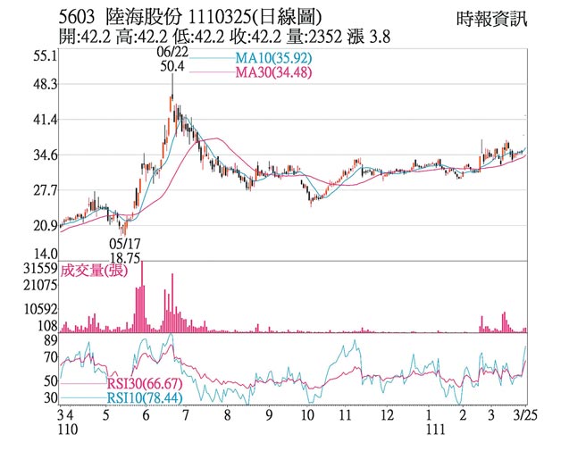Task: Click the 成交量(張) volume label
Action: (101, 271)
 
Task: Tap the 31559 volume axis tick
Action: (39, 268)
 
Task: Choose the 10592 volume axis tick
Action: (39, 309)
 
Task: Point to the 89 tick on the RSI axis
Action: (49, 339)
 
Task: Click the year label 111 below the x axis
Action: (435, 430)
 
